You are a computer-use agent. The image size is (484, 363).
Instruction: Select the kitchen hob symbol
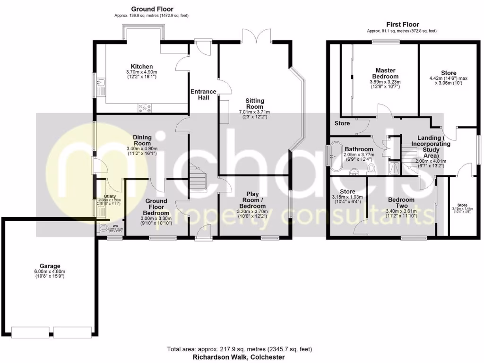(x=145, y=108)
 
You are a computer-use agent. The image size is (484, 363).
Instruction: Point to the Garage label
(x=50, y=266)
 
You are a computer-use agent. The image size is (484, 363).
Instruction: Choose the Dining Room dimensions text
(x=142, y=151)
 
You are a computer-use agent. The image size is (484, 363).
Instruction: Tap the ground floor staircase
(x=198, y=177)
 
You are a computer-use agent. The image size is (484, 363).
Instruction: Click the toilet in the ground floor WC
(x=104, y=228)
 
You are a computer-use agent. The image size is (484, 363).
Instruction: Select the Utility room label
(x=109, y=196)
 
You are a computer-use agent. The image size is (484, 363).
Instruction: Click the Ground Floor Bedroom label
(x=156, y=207)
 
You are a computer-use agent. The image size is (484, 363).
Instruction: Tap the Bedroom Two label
(x=401, y=203)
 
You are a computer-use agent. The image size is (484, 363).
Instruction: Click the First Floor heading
(x=402, y=25)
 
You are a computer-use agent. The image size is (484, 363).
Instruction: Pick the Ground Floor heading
(x=152, y=9)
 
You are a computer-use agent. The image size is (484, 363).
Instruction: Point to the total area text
(x=239, y=349)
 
